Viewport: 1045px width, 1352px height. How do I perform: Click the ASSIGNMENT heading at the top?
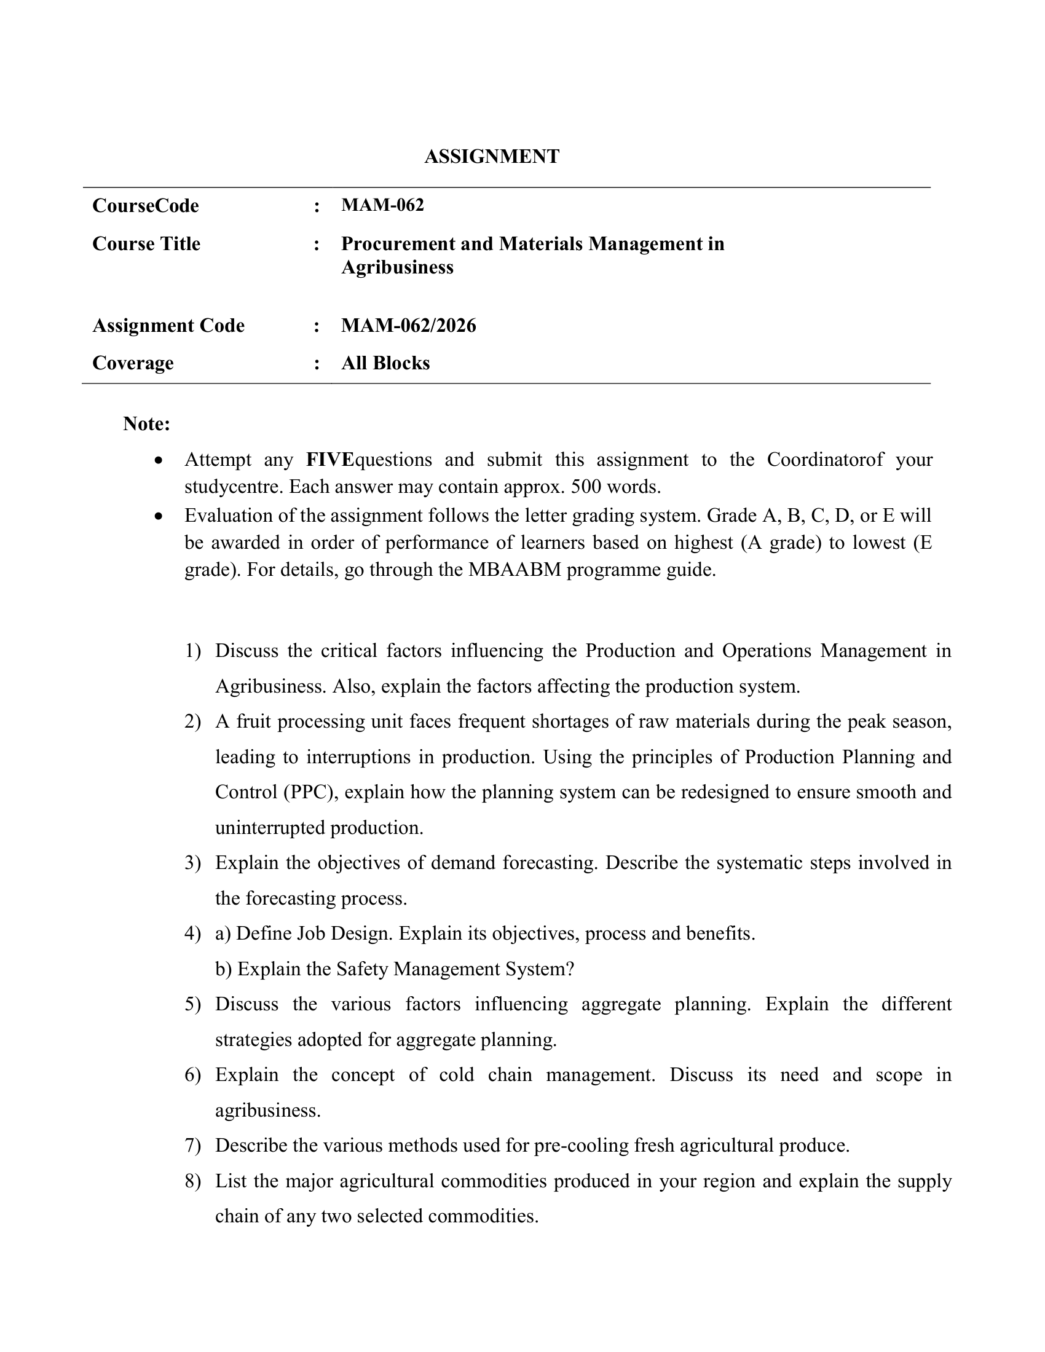492,157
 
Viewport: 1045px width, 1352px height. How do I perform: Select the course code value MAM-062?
382,205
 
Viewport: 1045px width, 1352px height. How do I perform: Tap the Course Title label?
146,244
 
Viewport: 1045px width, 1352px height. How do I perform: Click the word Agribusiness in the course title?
398,267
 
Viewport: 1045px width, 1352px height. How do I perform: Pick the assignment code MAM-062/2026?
409,326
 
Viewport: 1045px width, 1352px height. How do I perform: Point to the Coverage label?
133,363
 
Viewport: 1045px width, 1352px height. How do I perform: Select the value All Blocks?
385,363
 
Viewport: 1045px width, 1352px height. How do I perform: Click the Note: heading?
146,424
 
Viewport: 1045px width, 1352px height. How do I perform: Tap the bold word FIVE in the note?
329,460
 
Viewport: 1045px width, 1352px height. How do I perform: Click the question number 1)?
192,651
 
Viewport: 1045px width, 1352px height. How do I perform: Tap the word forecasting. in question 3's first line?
550,863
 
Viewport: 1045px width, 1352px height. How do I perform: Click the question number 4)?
192,933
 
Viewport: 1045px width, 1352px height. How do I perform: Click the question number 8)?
192,1181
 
